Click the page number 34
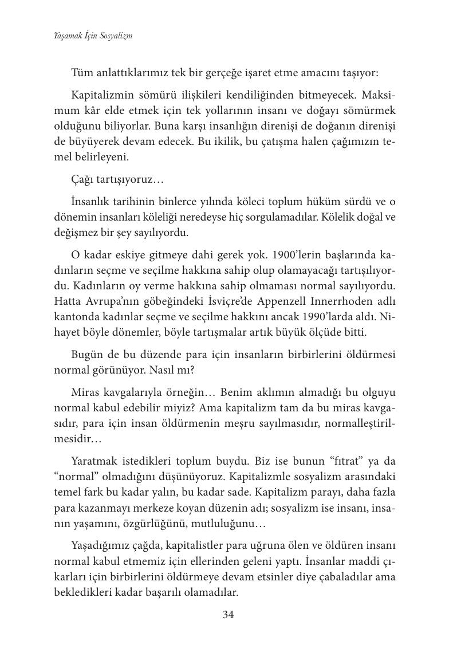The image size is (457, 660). coord(228,615)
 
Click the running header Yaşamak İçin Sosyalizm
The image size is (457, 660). coord(90,36)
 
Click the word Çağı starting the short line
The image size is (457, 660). coord(84,180)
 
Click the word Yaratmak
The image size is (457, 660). coord(94,462)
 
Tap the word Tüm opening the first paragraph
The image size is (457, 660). coord(82,74)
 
